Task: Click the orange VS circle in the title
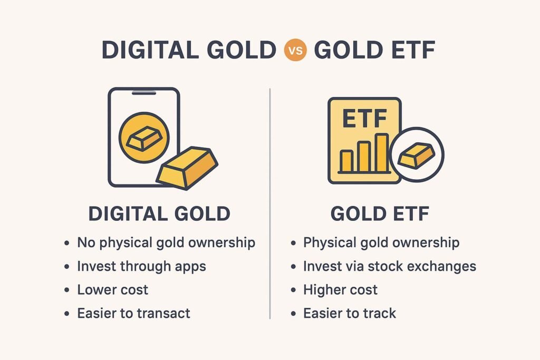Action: [x=295, y=50]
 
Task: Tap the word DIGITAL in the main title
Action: [x=150, y=50]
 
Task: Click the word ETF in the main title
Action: [x=409, y=50]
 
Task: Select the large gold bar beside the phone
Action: [x=187, y=168]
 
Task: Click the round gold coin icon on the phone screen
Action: [x=144, y=138]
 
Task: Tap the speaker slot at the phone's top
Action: [x=144, y=93]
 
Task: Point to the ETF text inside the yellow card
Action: [x=365, y=118]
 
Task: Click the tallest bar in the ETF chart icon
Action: [x=382, y=153]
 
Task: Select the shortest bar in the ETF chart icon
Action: [x=346, y=161]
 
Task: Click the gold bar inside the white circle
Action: [x=417, y=155]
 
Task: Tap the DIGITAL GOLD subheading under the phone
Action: [x=159, y=213]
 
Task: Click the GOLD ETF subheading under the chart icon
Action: [x=380, y=213]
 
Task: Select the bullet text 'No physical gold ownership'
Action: [x=166, y=243]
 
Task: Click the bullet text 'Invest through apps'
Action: [x=141, y=266]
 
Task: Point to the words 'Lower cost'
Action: [x=113, y=290]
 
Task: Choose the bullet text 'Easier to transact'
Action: [x=133, y=313]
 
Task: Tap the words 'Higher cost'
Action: [x=340, y=289]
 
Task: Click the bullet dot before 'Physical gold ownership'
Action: [x=293, y=244]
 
